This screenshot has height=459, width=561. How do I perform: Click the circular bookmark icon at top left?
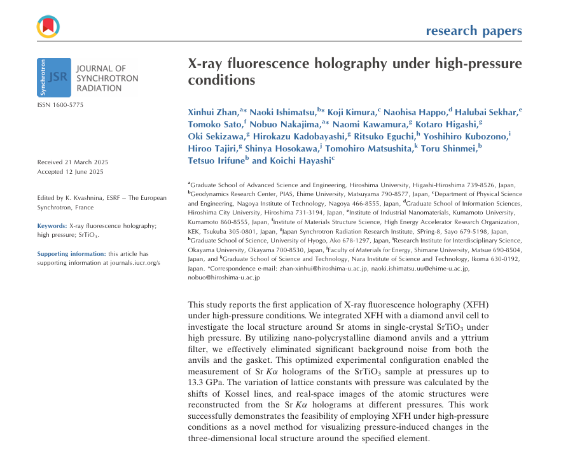pyautogui.click(x=48, y=25)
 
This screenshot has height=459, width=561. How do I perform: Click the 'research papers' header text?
pyautogui.click(x=474, y=31)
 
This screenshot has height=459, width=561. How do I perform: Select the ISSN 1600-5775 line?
pyautogui.click(x=60, y=104)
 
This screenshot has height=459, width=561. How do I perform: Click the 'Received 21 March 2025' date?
pyautogui.click(x=71, y=162)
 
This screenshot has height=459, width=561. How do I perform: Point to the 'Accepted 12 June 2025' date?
pyautogui.click(x=69, y=172)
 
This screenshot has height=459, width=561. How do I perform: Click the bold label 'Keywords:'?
pyautogui.click(x=52, y=225)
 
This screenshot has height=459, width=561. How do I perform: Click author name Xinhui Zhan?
pyautogui.click(x=213, y=112)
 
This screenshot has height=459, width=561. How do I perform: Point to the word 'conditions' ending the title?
pyautogui.click(x=221, y=81)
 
